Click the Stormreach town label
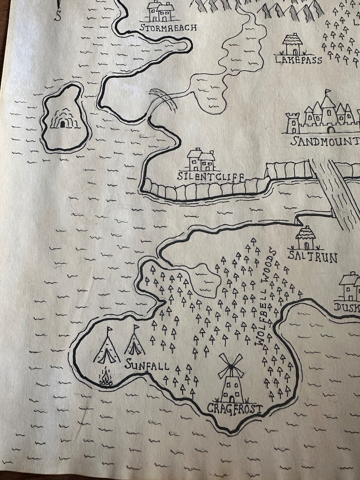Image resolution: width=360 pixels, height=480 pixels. pyautogui.click(x=168, y=28)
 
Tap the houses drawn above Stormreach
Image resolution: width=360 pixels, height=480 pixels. pyautogui.click(x=161, y=11)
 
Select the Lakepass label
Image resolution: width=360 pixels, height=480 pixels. pyautogui.click(x=298, y=60)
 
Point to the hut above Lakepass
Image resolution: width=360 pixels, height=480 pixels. pyautogui.click(x=292, y=45)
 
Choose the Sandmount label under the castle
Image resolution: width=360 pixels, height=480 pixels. pyautogui.click(x=325, y=141)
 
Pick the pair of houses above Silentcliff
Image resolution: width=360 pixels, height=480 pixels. pyautogui.click(x=201, y=160)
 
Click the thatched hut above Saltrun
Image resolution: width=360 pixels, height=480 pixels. pyautogui.click(x=306, y=238)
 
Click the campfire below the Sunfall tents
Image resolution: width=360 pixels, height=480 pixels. pyautogui.click(x=106, y=379)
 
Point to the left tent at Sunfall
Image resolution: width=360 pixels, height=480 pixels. pyautogui.click(x=107, y=346)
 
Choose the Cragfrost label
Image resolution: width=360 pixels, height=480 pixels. pyautogui.click(x=234, y=409)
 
